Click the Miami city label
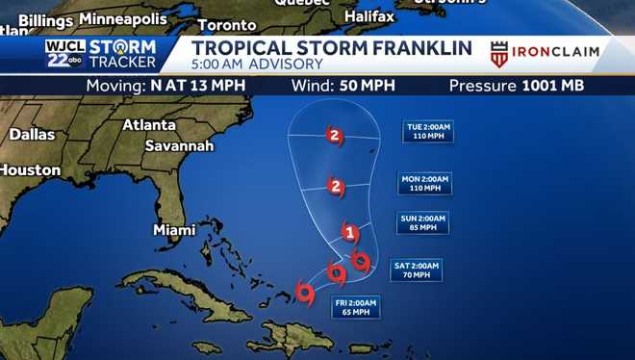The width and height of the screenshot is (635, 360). pos(174,230)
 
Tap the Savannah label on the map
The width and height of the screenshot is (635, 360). pos(179,145)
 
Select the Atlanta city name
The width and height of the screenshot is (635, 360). pos(148,125)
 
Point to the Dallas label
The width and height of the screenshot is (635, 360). pos(32,135)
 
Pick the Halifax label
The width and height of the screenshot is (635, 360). pos(368,17)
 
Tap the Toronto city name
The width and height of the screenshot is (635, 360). pos(227,24)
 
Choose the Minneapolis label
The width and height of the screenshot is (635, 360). pos(124,18)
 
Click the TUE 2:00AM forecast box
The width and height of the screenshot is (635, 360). pos(428,131)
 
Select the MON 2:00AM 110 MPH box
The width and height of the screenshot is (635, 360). pos(424,183)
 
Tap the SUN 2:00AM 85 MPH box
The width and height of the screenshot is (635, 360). pos(422,223)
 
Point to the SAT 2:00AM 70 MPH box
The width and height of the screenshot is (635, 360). pos(416,270)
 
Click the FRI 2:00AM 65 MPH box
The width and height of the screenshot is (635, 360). pos(355,307)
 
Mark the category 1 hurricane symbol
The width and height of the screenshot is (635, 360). pos(350,232)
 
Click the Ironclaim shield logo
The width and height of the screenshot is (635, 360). pos(499,54)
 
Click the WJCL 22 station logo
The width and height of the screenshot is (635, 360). pos(66,54)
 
